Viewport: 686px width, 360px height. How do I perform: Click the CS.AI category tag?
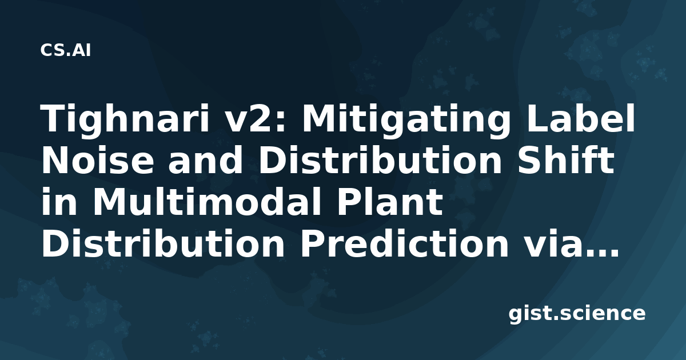[66, 50]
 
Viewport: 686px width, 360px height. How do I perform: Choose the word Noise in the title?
[97, 160]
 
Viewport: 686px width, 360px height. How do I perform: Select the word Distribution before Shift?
[380, 159]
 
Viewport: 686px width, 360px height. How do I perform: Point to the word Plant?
[390, 201]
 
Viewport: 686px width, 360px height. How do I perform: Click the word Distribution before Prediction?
[163, 243]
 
